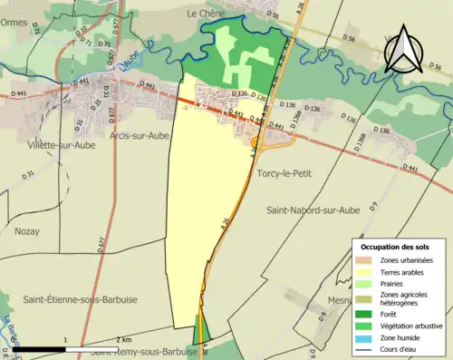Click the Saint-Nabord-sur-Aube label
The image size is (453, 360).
pyautogui.click(x=313, y=209)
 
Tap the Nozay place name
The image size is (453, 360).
pyautogui.click(x=27, y=230)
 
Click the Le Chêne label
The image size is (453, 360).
pyautogui.click(x=204, y=14)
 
